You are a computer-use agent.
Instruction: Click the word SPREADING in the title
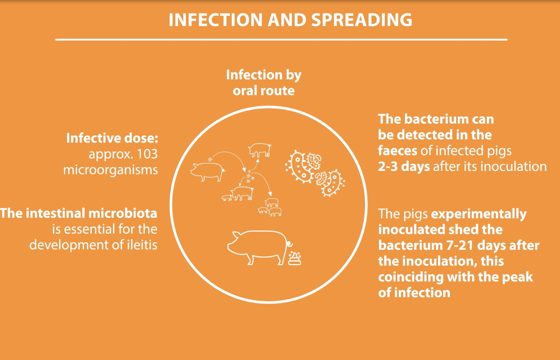(362, 20)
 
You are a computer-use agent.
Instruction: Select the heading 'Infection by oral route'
(264, 82)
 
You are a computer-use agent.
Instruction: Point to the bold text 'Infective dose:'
(112, 138)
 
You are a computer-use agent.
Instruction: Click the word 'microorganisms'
(111, 170)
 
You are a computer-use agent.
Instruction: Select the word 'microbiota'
(123, 213)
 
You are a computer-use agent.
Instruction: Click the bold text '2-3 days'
(404, 166)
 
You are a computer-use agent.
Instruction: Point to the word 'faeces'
(397, 151)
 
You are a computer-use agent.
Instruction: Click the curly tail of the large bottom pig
(289, 243)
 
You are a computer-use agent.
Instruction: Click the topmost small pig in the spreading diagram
(260, 150)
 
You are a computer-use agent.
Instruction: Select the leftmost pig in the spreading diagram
(207, 172)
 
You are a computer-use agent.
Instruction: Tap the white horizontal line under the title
(281, 39)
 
